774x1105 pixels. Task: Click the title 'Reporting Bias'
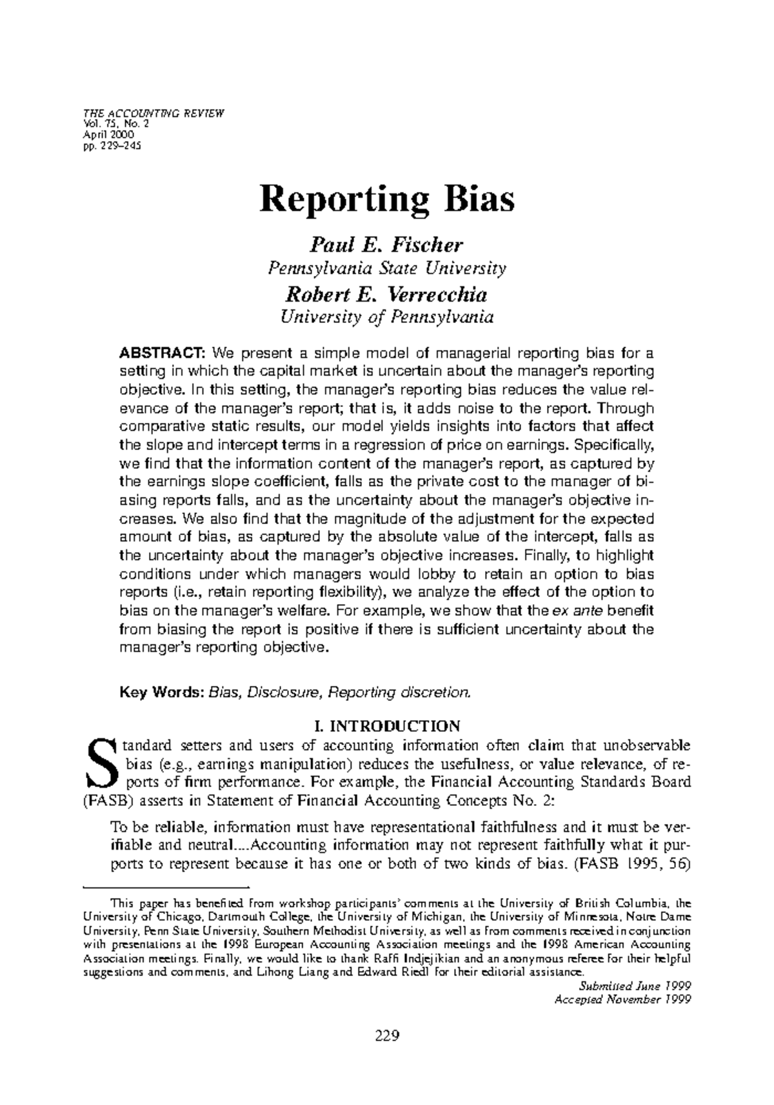coord(387,200)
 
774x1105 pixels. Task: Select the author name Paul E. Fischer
coord(387,245)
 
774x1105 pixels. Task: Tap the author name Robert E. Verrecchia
coord(387,295)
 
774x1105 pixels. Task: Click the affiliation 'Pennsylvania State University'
coord(387,268)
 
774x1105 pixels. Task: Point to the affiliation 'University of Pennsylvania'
coord(387,317)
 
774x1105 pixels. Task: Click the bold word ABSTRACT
coord(163,354)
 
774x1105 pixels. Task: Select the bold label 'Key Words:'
coord(162,692)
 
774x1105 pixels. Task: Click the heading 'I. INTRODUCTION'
coord(387,727)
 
